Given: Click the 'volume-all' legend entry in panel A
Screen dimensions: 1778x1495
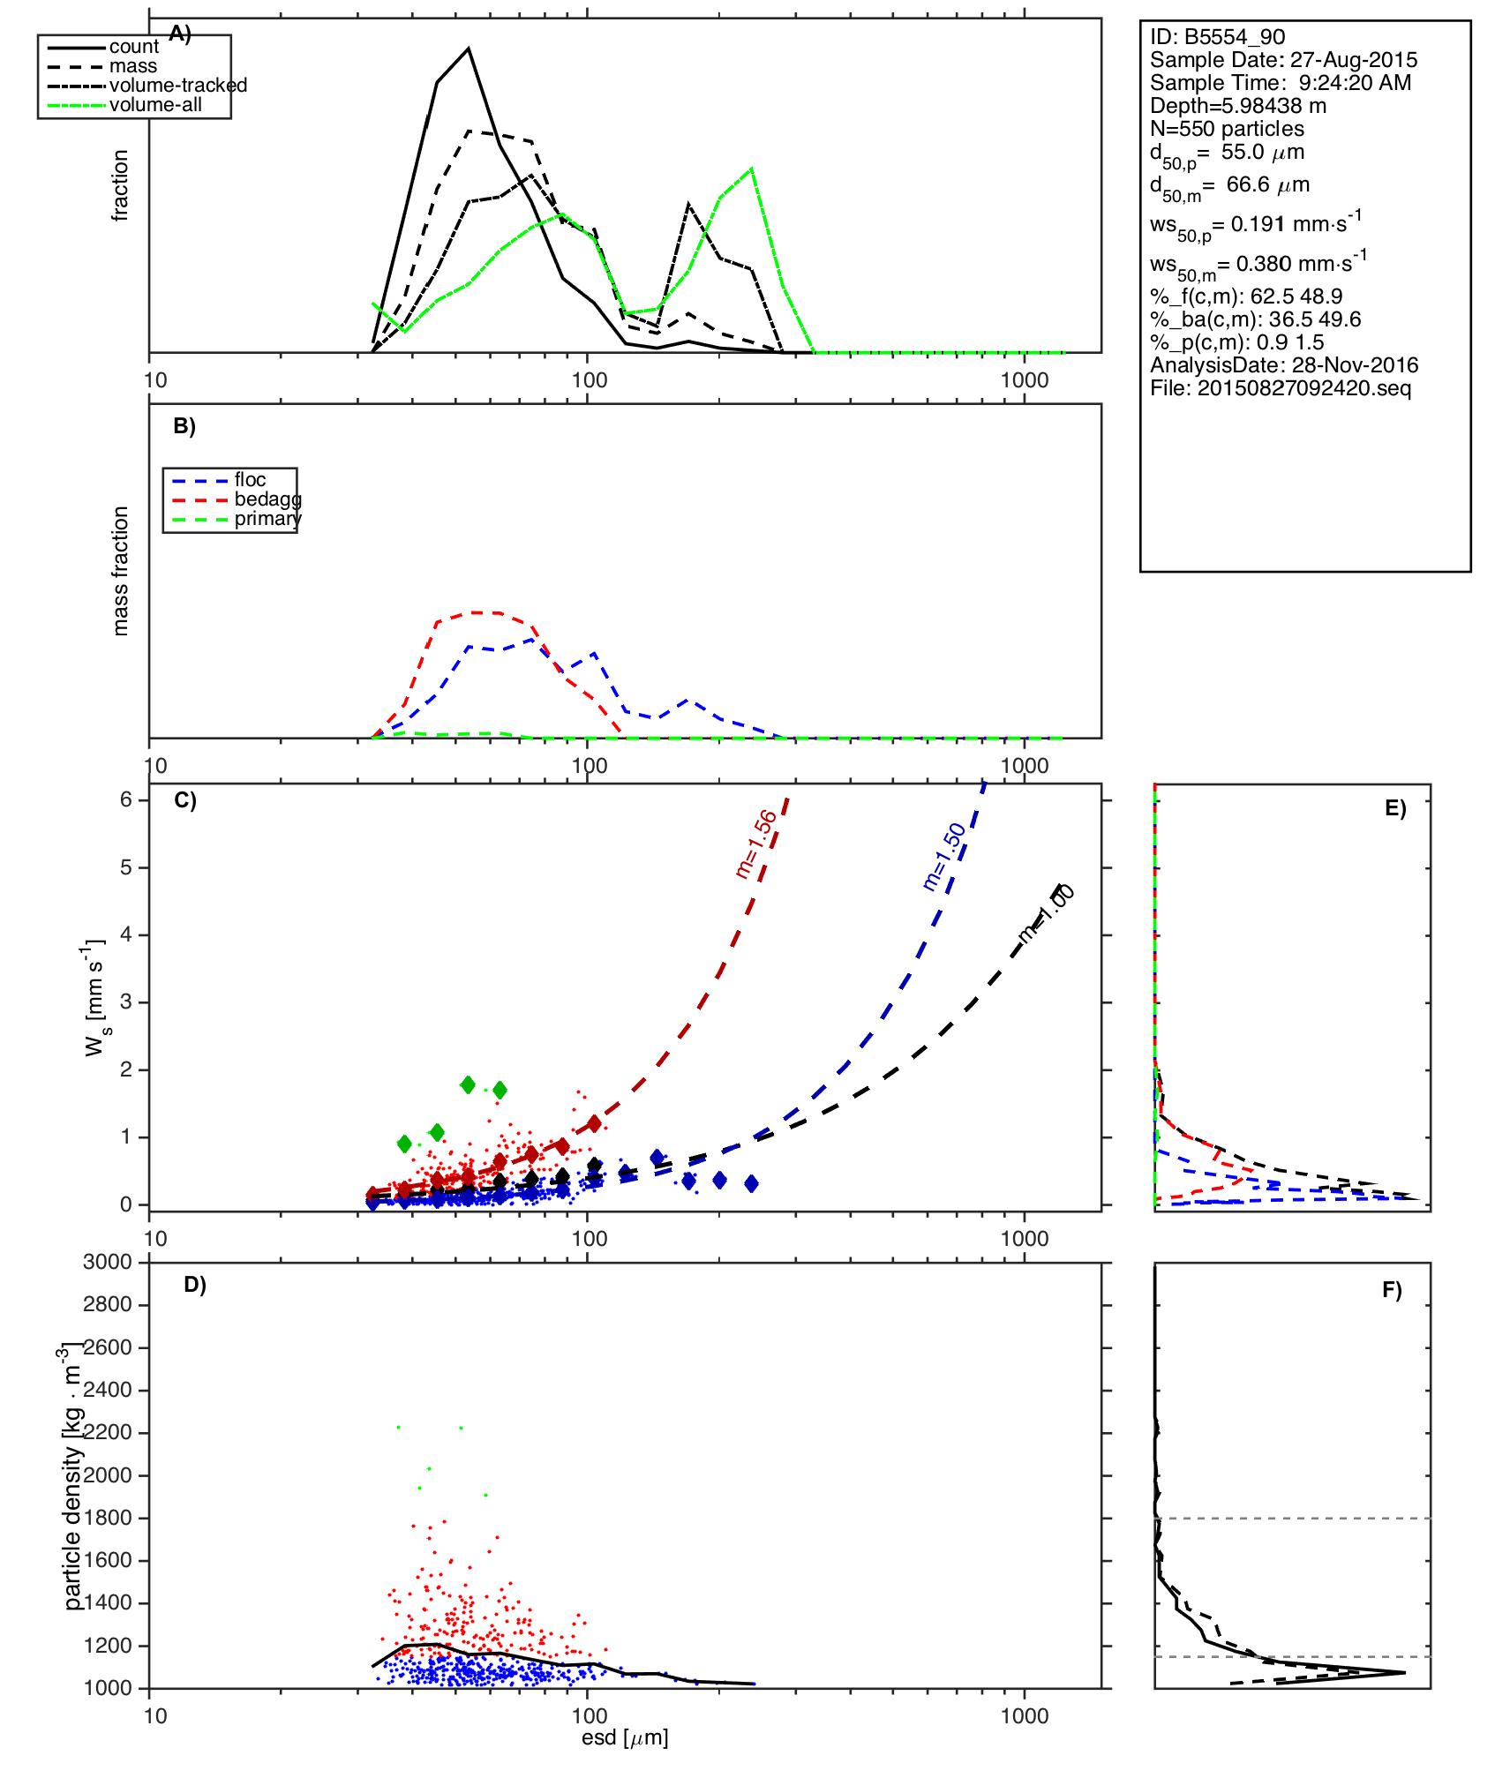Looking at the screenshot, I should (x=155, y=105).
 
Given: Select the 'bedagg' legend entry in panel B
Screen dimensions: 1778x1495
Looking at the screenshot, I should (x=267, y=499).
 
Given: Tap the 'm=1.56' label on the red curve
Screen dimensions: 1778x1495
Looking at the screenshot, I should (x=756, y=844).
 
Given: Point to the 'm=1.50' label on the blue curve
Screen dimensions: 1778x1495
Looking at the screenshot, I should (x=944, y=857).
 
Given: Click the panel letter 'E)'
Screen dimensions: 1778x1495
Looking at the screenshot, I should (x=1394, y=809).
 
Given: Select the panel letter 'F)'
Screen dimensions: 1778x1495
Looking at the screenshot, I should (x=1392, y=1291).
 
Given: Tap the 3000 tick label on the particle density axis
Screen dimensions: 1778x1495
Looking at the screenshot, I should (x=107, y=1263).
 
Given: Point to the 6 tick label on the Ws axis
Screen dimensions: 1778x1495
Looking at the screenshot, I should (x=126, y=799).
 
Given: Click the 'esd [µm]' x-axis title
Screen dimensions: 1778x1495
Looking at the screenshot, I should (x=625, y=1738).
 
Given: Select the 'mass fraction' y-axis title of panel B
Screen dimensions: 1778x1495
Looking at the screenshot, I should (x=121, y=571).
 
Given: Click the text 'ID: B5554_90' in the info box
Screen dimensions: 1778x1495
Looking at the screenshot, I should (x=1217, y=37).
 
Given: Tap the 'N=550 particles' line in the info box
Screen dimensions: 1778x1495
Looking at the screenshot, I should (x=1227, y=129).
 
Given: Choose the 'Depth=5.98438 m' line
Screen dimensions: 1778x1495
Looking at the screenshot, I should (x=1237, y=106).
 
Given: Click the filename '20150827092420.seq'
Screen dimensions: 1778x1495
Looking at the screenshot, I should (x=1303, y=388).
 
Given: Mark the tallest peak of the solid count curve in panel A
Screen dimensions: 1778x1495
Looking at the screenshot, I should (x=469, y=49).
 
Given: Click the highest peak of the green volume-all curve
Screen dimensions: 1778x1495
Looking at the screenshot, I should (x=751, y=168).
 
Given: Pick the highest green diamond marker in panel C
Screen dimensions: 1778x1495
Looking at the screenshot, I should (x=468, y=1084).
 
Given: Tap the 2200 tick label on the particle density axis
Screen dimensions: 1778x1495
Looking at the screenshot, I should (x=107, y=1433).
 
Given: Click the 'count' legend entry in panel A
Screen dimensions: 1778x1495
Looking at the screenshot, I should (x=133, y=47).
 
